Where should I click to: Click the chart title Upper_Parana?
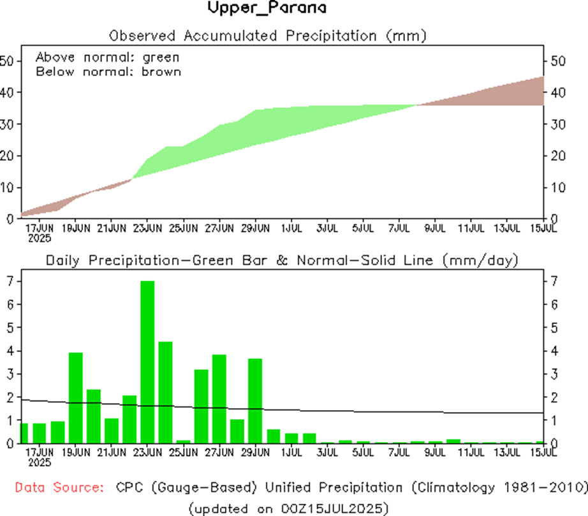point(267,8)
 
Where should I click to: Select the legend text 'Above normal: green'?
point(107,57)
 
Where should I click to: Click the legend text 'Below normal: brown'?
point(108,71)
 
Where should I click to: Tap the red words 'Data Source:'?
point(59,488)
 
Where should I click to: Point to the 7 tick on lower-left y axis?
point(9,281)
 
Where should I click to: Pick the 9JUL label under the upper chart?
point(434,226)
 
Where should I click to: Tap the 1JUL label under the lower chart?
point(291,452)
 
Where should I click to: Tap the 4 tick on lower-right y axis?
point(553,351)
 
